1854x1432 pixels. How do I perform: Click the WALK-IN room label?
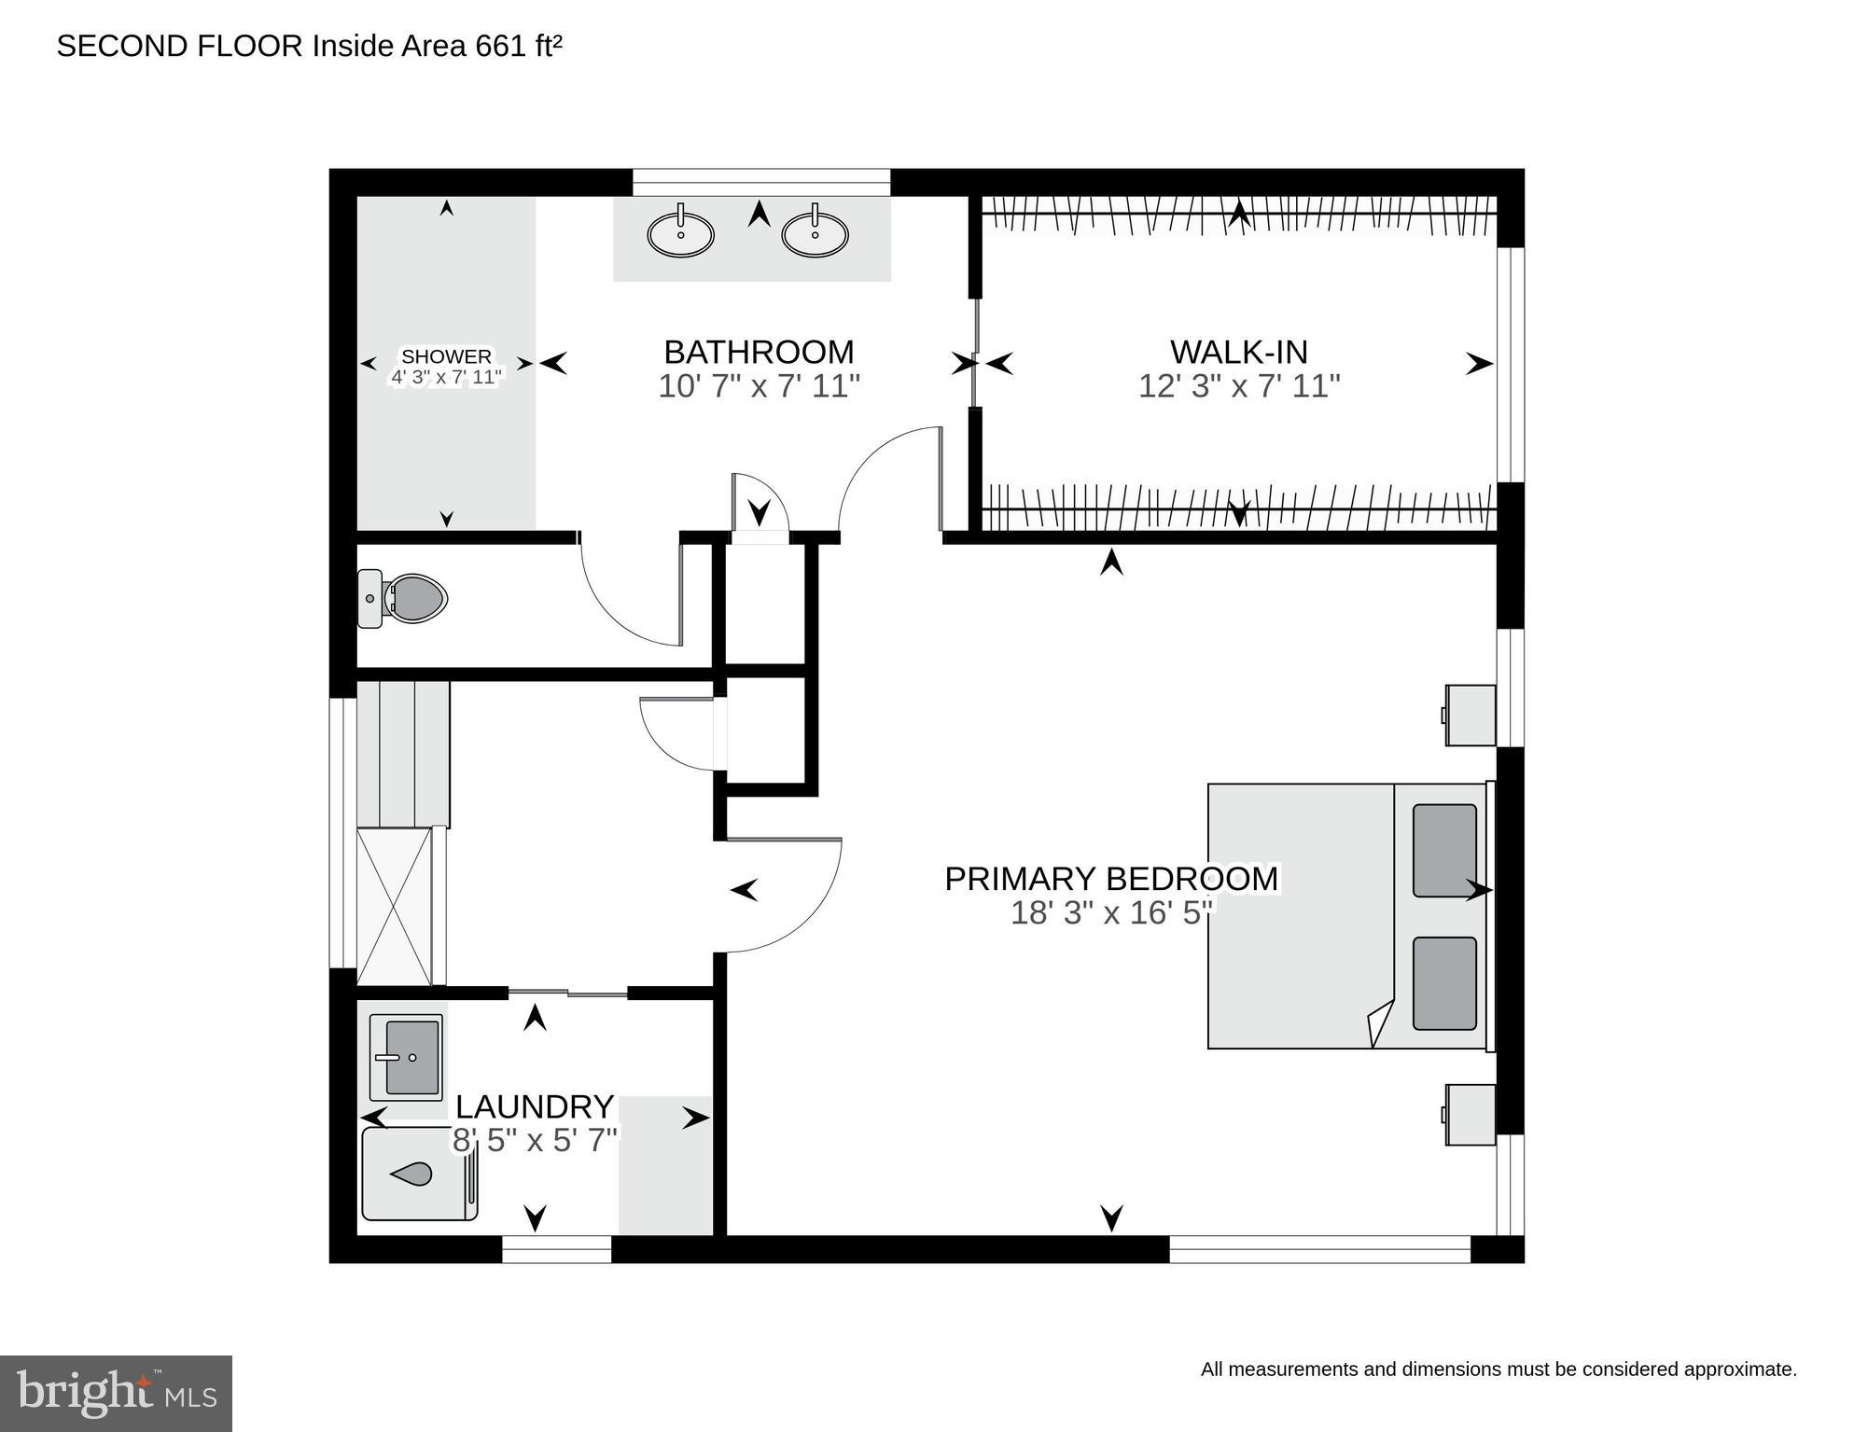(1238, 352)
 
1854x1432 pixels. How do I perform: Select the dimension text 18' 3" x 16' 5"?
(1110, 912)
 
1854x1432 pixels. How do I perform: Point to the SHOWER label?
(446, 356)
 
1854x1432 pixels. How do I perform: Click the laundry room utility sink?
(406, 1057)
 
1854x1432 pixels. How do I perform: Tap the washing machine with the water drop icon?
(419, 1174)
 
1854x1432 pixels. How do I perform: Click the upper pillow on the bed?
(1444, 850)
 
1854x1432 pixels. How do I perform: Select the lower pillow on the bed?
(1444, 983)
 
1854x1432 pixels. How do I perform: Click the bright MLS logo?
(116, 1394)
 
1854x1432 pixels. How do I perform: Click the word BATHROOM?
(759, 352)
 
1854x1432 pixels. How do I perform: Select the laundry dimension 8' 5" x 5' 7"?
(535, 1140)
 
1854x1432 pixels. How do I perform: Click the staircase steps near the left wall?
(403, 754)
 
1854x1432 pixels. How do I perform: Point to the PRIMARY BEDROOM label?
(1110, 879)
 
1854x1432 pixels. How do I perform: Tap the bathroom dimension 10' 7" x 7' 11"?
(759, 386)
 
